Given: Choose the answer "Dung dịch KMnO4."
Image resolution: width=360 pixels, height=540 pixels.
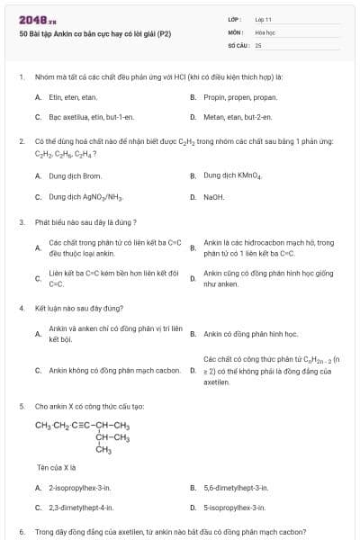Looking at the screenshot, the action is [x=233, y=175].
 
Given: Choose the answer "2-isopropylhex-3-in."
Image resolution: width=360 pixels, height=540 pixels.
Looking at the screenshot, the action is [x=80, y=488].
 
